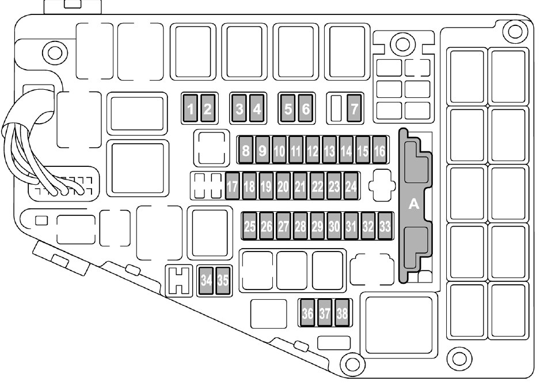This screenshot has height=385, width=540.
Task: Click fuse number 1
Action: [x=191, y=108]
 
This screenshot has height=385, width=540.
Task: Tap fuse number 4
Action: [x=257, y=108]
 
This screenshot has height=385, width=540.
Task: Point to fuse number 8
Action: [x=246, y=151]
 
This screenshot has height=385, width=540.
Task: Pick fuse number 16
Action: [x=379, y=151]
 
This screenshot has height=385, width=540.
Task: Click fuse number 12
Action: [x=313, y=151]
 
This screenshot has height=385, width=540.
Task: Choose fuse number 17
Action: [x=233, y=186]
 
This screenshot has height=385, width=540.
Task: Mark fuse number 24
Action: [x=351, y=186]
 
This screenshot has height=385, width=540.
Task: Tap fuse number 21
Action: [x=300, y=186]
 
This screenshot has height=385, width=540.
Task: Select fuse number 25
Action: [x=249, y=226]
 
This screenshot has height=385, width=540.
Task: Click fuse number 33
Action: [x=385, y=226]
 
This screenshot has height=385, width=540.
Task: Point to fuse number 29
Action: [x=317, y=226]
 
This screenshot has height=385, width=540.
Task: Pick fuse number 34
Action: [x=206, y=280]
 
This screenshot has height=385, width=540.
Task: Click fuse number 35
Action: [x=222, y=280]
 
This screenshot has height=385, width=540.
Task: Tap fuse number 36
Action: [x=308, y=313]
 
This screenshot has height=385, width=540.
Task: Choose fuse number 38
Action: [x=343, y=313]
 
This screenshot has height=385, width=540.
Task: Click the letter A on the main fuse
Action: [x=413, y=204]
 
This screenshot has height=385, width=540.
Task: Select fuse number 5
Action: [x=288, y=108]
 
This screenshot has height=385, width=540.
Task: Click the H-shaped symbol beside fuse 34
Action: [x=180, y=280]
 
